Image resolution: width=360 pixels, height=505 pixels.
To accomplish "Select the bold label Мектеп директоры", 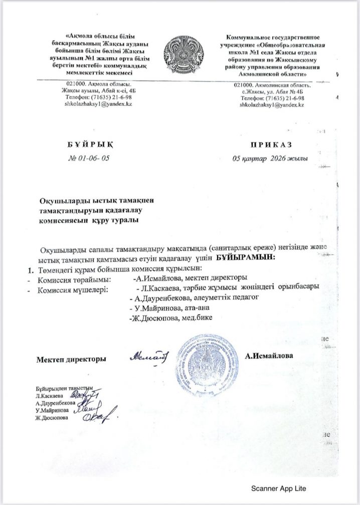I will tap(71, 359).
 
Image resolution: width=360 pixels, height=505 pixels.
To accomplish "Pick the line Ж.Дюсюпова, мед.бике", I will tap(171, 317).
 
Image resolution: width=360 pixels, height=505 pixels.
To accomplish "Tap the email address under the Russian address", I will tap(272, 105).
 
